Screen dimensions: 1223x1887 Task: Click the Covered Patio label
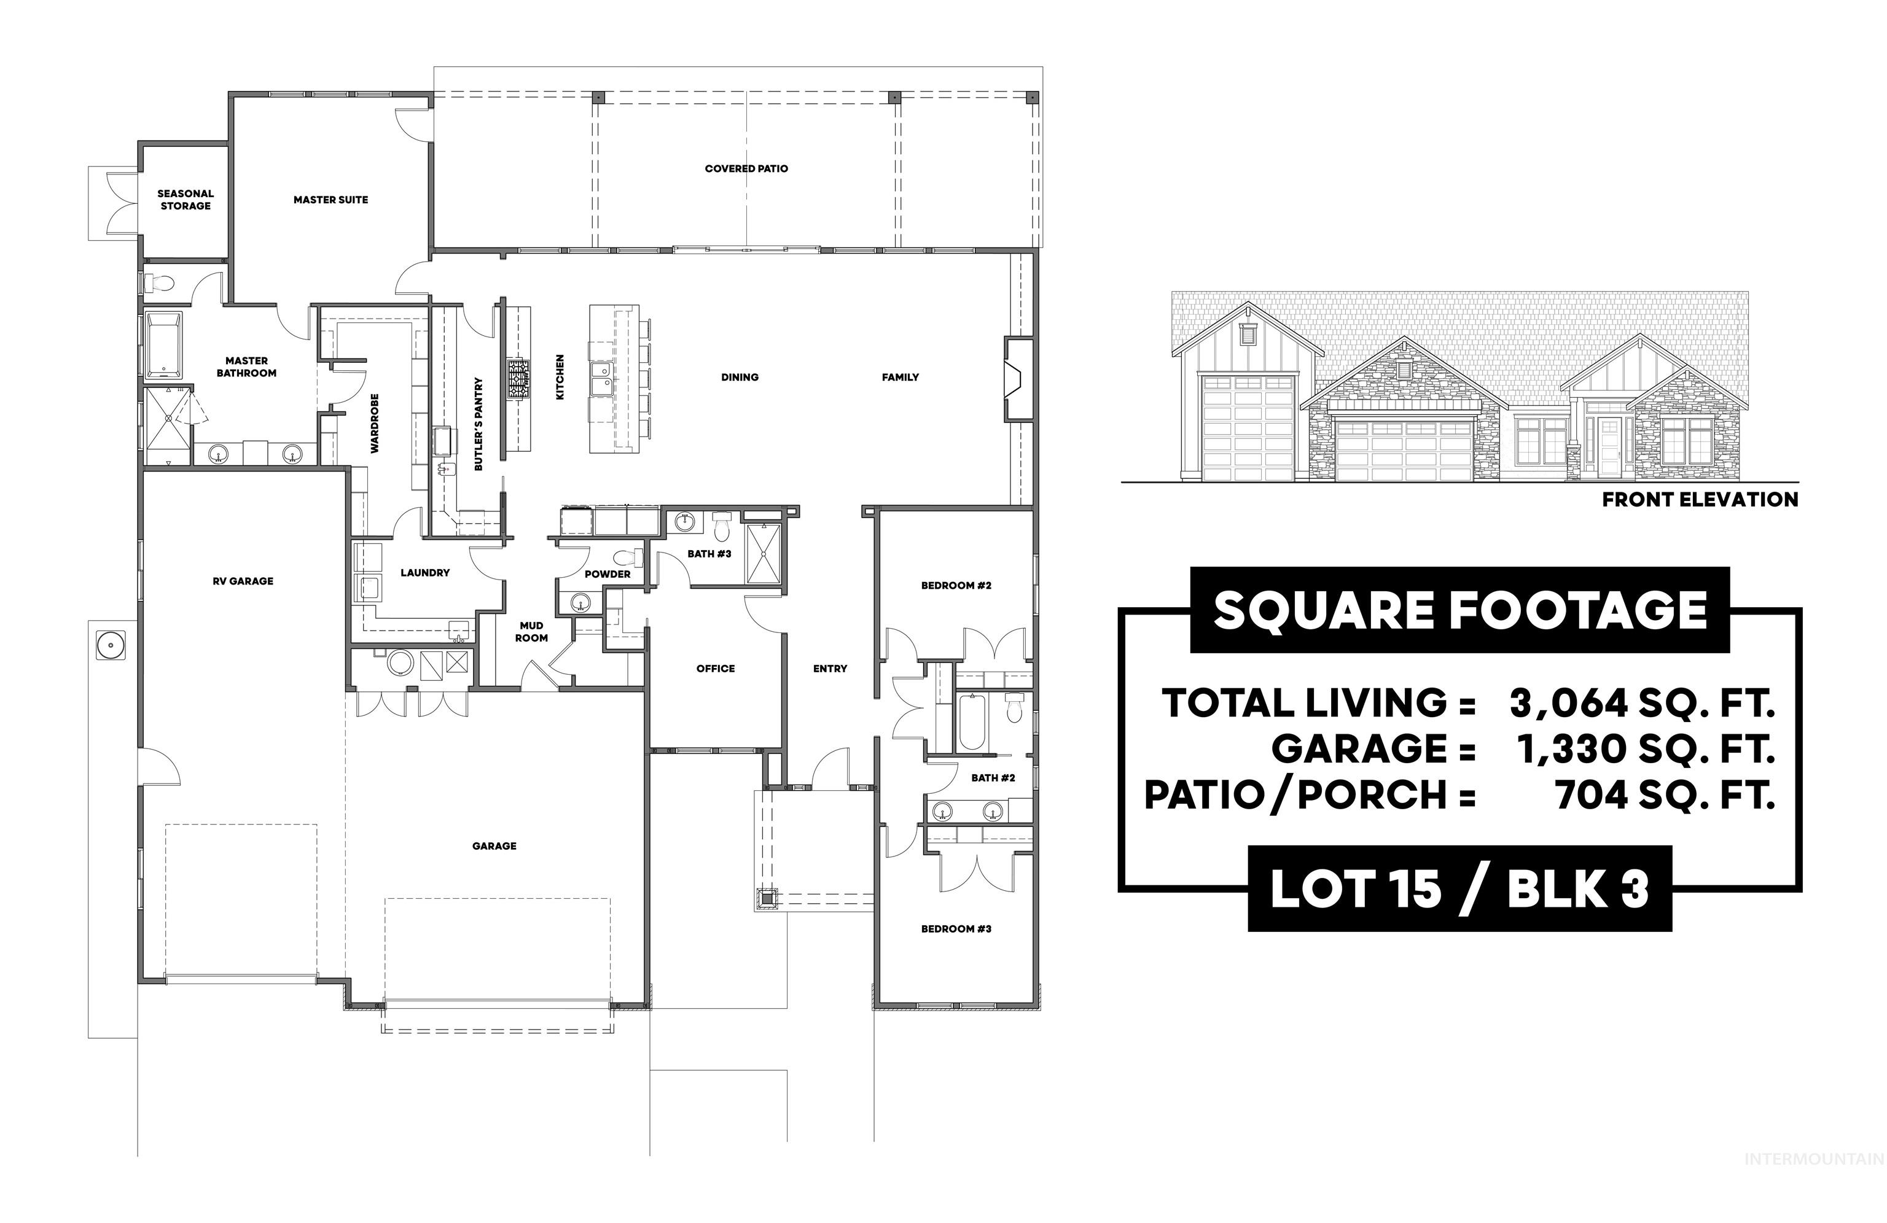pyautogui.click(x=746, y=169)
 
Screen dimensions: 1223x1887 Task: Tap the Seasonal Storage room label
pyautogui.click(x=186, y=200)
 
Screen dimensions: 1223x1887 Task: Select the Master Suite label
pyautogui.click(x=330, y=200)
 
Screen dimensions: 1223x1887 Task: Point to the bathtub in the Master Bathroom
pyautogui.click(x=164, y=346)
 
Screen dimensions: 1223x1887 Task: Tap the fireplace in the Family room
pyautogui.click(x=1018, y=378)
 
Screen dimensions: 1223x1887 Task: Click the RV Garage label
pyautogui.click(x=243, y=581)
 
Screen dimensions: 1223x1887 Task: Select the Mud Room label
pyautogui.click(x=531, y=632)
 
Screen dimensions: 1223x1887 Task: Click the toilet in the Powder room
pyautogui.click(x=625, y=557)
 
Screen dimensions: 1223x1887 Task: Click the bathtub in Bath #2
pyautogui.click(x=971, y=722)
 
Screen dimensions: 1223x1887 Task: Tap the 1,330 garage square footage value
pyautogui.click(x=1567, y=749)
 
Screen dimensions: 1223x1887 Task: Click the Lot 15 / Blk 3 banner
pyautogui.click(x=1459, y=889)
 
